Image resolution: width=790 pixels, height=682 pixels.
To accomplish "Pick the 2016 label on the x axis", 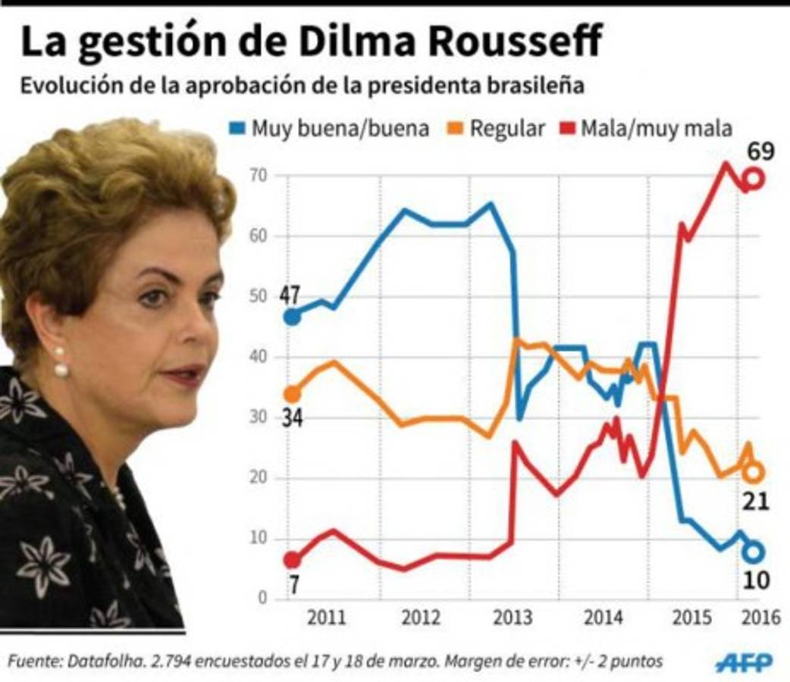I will (761, 617).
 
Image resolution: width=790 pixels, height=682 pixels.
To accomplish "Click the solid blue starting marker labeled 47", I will (292, 317).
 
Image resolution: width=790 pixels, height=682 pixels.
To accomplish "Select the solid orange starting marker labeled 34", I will (292, 394).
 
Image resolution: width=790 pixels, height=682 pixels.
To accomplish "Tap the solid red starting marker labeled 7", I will (292, 560).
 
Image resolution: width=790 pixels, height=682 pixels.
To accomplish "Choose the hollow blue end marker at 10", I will (753, 552).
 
